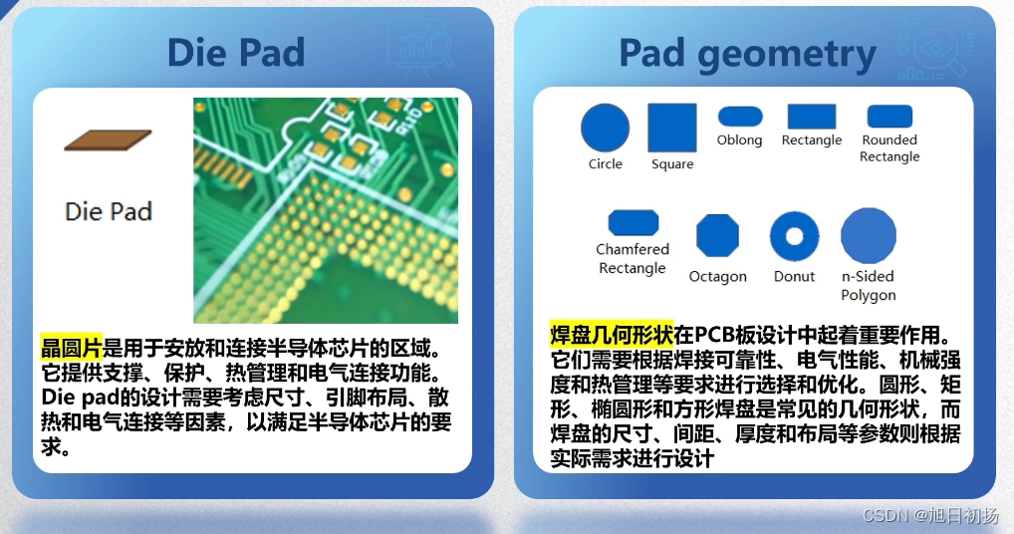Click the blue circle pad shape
[605, 128]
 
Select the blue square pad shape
[672, 128]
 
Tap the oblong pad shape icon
[740, 117]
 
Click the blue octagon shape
[717, 236]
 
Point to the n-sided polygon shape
[868, 235]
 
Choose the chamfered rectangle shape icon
[634, 222]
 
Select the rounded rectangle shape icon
[889, 117]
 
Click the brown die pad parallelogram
[108, 140]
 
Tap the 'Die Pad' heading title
[236, 53]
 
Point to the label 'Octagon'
[718, 277]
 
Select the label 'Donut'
[794, 276]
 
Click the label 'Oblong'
[739, 140]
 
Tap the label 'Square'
[672, 164]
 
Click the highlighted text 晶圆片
[71, 347]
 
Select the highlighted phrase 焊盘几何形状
[612, 334]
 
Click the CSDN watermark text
[930, 515]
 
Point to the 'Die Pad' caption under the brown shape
[109, 211]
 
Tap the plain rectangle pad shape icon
[812, 117]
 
